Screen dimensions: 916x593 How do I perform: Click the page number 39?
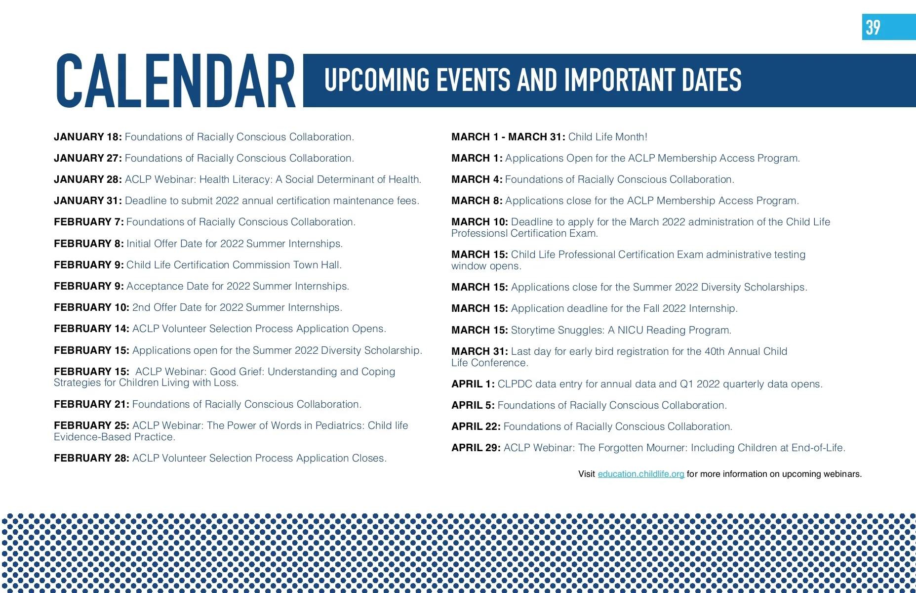pos(873,27)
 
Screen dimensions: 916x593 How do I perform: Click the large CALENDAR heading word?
pos(176,81)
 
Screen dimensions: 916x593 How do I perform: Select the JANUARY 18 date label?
pos(88,137)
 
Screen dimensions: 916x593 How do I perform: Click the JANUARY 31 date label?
pos(88,201)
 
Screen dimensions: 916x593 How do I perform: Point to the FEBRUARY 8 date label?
pos(89,244)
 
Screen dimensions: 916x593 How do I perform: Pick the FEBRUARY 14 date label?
pos(92,329)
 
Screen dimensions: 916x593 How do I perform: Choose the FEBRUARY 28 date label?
pos(92,458)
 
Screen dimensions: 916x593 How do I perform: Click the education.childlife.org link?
pos(641,474)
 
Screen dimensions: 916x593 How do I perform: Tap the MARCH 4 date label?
pos(477,179)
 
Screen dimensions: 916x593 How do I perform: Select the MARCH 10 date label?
pos(479,222)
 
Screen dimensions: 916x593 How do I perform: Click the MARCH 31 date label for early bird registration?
pos(479,351)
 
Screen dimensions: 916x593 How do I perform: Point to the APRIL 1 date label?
pos(473,384)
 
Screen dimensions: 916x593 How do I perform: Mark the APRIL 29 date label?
pos(476,448)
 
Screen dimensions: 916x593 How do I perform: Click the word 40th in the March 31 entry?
pos(715,351)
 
